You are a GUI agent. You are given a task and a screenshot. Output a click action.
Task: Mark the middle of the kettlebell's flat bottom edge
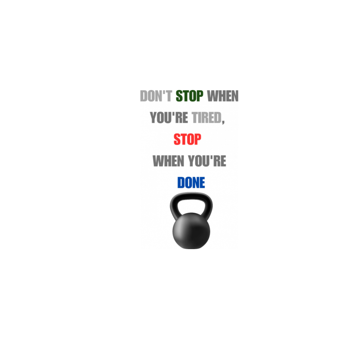[191, 248]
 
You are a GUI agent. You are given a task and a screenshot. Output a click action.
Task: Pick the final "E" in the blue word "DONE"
[202, 183]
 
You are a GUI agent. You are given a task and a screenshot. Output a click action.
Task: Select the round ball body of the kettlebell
[191, 231]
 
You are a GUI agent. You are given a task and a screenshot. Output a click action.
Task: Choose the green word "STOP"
[189, 96]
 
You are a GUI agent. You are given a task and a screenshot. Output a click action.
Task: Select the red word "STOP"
[187, 139]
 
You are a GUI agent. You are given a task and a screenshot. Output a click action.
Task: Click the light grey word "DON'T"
[156, 96]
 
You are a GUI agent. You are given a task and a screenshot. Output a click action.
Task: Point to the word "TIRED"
[206, 118]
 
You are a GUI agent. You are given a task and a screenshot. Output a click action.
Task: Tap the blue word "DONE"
[191, 183]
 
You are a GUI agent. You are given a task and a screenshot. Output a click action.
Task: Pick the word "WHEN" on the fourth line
[168, 161]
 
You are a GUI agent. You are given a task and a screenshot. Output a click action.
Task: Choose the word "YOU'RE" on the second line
[169, 118]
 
